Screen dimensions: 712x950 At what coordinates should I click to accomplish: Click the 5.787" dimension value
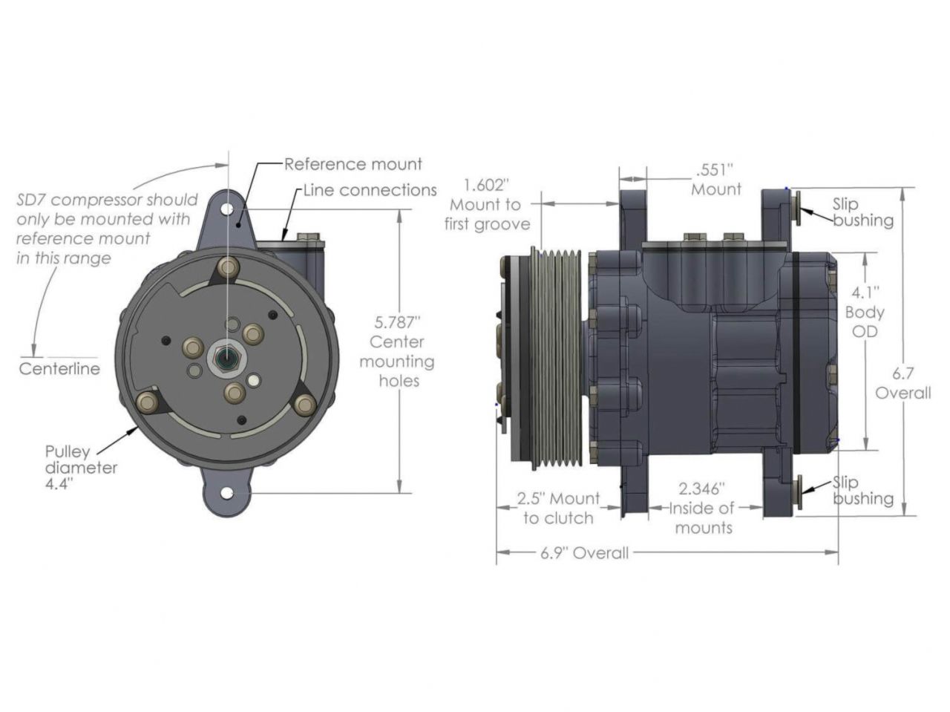click(397, 322)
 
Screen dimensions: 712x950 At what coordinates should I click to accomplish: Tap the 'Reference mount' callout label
click(353, 164)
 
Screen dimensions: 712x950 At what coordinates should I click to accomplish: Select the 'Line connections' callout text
click(370, 190)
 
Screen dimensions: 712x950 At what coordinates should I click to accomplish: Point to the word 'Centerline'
click(59, 369)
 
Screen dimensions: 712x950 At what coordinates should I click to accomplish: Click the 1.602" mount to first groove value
click(486, 184)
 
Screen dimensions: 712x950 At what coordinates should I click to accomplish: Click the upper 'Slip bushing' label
click(861, 212)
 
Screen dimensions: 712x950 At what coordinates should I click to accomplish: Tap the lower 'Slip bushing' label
click(861, 490)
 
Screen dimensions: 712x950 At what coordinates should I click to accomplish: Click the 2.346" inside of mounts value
click(702, 489)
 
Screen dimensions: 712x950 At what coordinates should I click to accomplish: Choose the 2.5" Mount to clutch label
click(558, 508)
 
